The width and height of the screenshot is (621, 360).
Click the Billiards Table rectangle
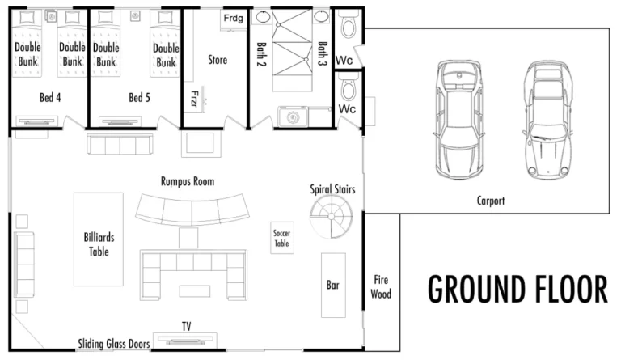99,239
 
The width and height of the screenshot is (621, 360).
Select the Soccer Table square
281,238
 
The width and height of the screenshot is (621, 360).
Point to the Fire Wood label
381,287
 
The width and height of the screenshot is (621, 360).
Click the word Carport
490,201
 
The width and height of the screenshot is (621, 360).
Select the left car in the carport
458,119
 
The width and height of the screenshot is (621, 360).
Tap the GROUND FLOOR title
517,289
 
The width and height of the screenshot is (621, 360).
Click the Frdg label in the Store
234,18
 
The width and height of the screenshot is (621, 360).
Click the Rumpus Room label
187,182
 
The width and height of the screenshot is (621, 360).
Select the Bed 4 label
50,99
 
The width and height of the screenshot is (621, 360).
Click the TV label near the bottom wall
186,327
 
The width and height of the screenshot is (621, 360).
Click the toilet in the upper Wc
349,28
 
